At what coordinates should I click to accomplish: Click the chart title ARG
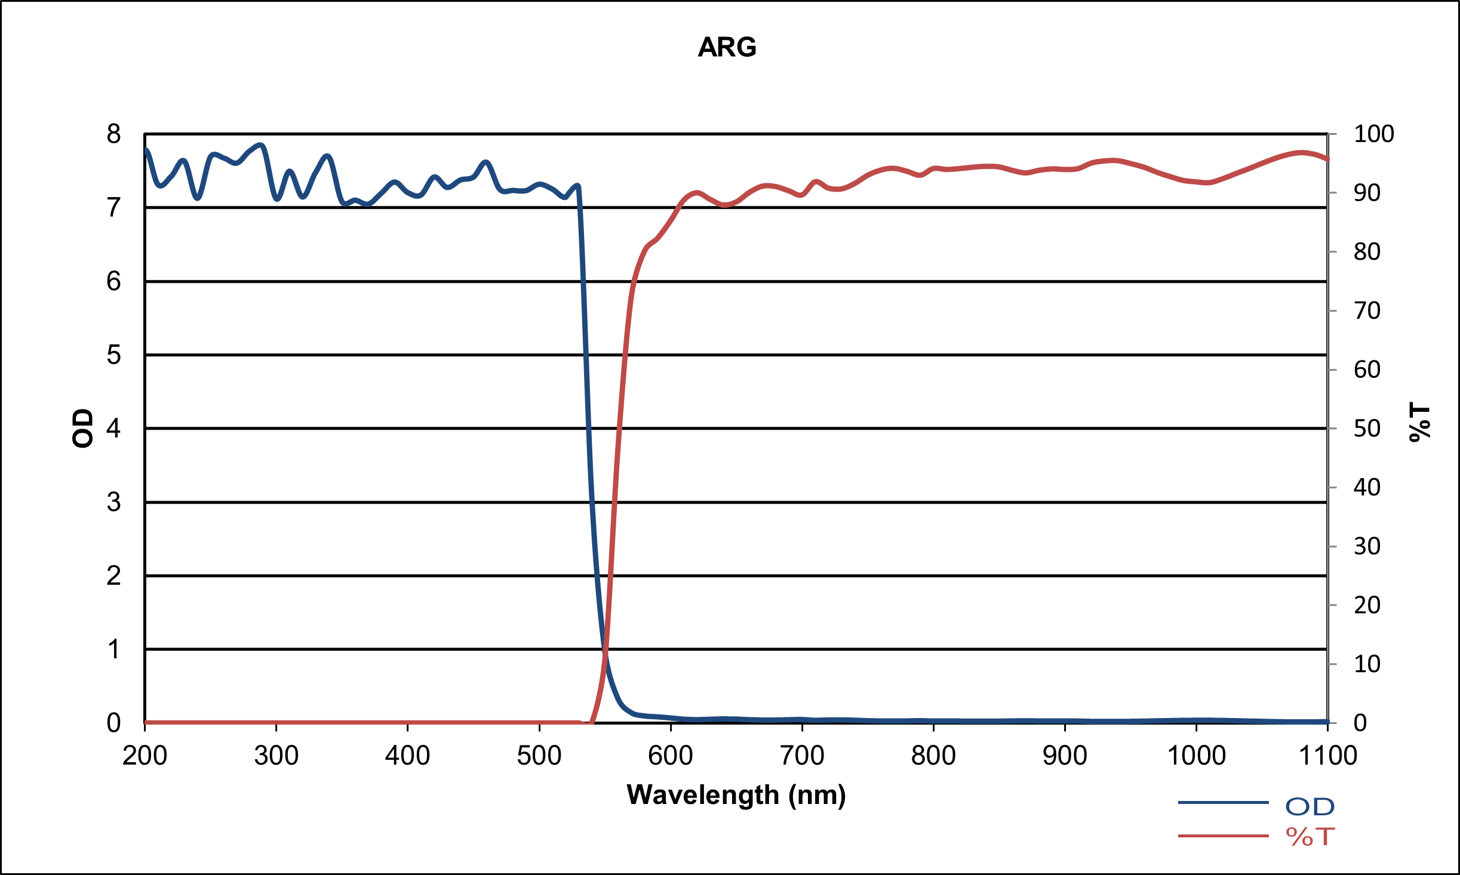[727, 47]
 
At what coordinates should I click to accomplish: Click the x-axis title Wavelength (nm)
[736, 795]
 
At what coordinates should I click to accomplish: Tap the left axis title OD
[82, 428]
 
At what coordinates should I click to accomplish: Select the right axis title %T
[1419, 422]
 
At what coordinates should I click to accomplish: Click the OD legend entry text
[1310, 807]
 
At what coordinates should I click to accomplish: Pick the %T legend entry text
[1310, 837]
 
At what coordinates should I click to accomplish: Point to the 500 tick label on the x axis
[539, 756]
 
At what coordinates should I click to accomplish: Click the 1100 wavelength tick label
[1327, 756]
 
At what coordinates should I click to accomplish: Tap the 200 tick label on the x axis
[145, 756]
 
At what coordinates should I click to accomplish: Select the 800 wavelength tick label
[933, 756]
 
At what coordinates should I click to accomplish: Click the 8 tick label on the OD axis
[113, 134]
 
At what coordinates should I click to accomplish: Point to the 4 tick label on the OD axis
[113, 429]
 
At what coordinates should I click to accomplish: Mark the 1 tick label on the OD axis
[113, 649]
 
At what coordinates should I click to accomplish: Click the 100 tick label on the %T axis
[1373, 134]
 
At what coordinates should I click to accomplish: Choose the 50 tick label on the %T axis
[1367, 429]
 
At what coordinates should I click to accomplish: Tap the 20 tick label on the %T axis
[1367, 605]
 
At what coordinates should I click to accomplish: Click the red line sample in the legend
[1222, 836]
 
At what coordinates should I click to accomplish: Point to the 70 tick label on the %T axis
[1367, 311]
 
